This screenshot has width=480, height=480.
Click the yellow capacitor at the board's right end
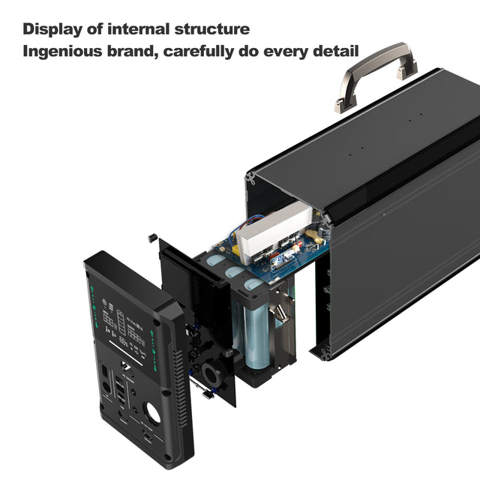point(316,236)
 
